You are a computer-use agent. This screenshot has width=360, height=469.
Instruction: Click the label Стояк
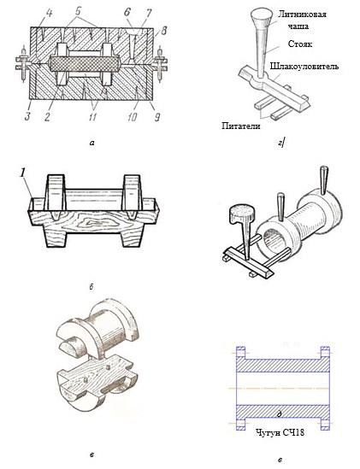pos(300,44)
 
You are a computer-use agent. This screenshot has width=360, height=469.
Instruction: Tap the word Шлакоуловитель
pos(304,66)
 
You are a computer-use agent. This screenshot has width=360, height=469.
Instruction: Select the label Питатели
pos(241,126)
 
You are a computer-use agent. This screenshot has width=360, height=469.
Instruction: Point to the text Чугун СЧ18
pos(280,432)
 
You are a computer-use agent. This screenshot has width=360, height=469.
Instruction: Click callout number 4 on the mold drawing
pos(49,14)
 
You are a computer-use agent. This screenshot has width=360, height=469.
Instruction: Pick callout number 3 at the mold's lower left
pos(28,115)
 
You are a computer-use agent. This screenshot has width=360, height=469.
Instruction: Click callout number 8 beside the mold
pos(164,31)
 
